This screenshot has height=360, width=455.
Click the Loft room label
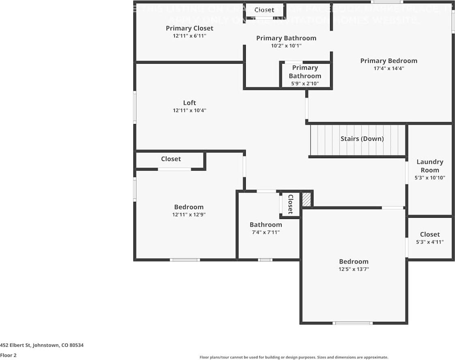pyautogui.click(x=189, y=103)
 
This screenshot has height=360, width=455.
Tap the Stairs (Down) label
pyautogui.click(x=362, y=139)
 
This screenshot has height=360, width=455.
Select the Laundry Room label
pyautogui.click(x=430, y=166)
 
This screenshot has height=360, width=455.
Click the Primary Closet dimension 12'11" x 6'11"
pyautogui.click(x=189, y=36)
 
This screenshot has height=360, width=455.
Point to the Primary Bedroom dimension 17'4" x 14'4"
pyautogui.click(x=388, y=69)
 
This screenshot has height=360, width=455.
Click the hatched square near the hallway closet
pyautogui.click(x=306, y=199)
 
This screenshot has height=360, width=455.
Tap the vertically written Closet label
pyautogui.click(x=290, y=204)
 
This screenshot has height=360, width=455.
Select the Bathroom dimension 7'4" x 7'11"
pyautogui.click(x=266, y=232)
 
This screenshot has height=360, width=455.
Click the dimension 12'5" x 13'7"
pyautogui.click(x=354, y=269)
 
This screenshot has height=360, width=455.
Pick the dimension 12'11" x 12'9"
pyautogui.click(x=189, y=214)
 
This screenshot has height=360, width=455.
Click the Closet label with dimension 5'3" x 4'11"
pyautogui.click(x=430, y=234)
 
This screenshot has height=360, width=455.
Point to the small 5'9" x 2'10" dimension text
pyautogui.click(x=305, y=84)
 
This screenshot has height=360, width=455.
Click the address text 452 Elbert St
pyautogui.click(x=42, y=345)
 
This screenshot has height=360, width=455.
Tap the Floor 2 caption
pyautogui.click(x=9, y=355)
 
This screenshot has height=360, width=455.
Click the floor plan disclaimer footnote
pyautogui.click(x=294, y=357)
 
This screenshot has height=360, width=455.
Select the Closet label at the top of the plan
pyautogui.click(x=264, y=10)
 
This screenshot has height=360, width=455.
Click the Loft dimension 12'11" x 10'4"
pyautogui.click(x=189, y=110)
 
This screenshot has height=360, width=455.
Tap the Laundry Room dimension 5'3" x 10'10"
pyautogui.click(x=430, y=178)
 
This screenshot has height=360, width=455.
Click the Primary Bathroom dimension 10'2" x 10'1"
pyautogui.click(x=286, y=46)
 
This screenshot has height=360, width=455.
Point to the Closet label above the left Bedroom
pyautogui.click(x=171, y=159)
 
